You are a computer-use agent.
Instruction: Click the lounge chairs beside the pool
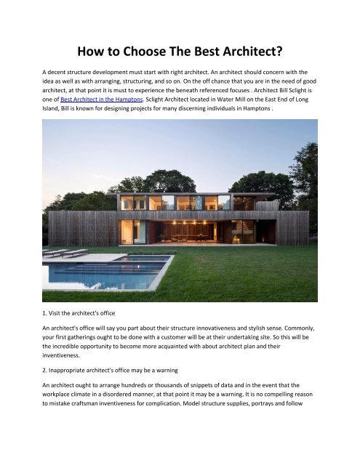pyautogui.click(x=65, y=252)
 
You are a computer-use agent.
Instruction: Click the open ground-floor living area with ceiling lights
pyautogui.click(x=189, y=231)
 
